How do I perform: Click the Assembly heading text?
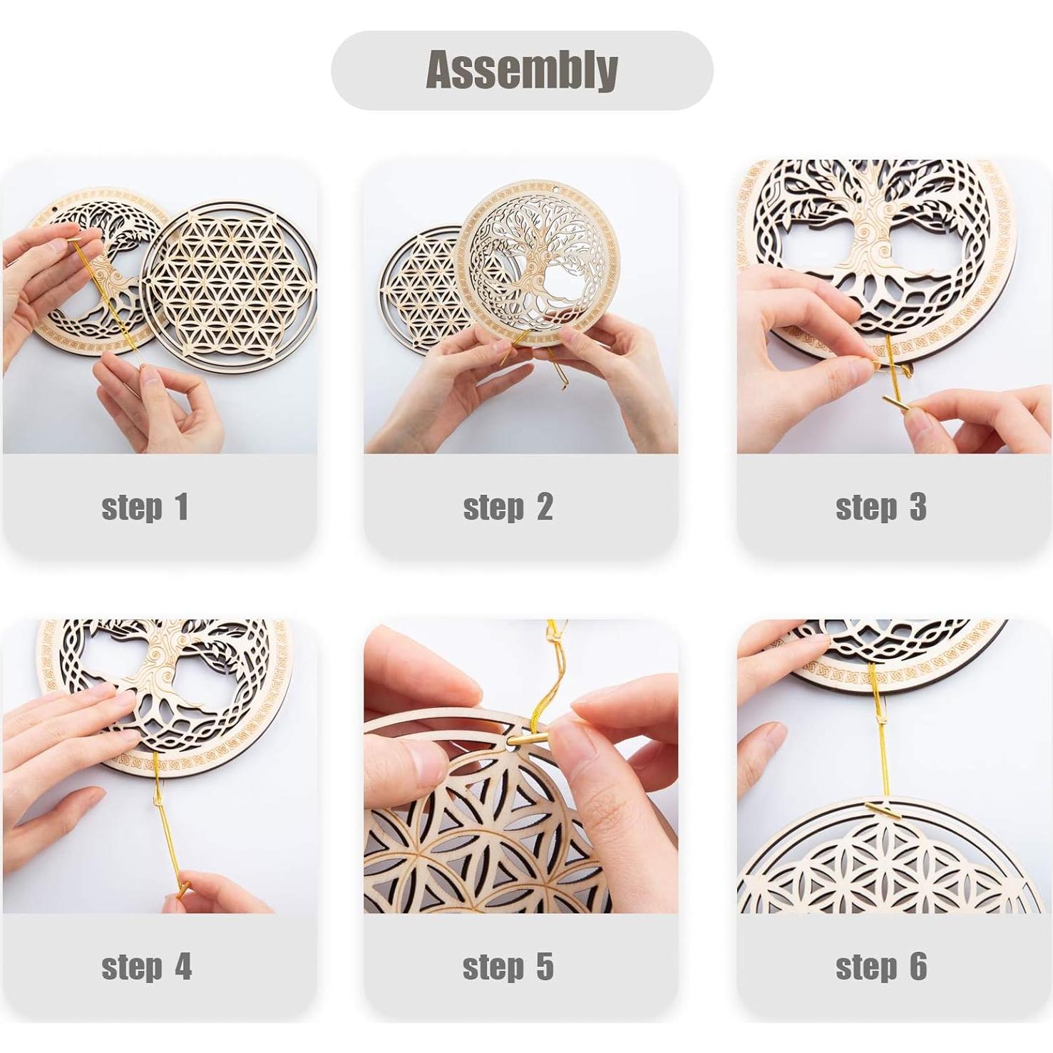[x=522, y=70]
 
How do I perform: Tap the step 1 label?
[x=145, y=507]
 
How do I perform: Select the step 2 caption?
[x=508, y=507]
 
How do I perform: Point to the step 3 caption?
[x=880, y=507]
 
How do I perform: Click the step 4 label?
[x=146, y=967]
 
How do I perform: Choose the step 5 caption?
[x=508, y=967]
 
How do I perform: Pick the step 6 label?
[x=880, y=967]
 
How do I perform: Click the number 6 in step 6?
[x=918, y=967]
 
